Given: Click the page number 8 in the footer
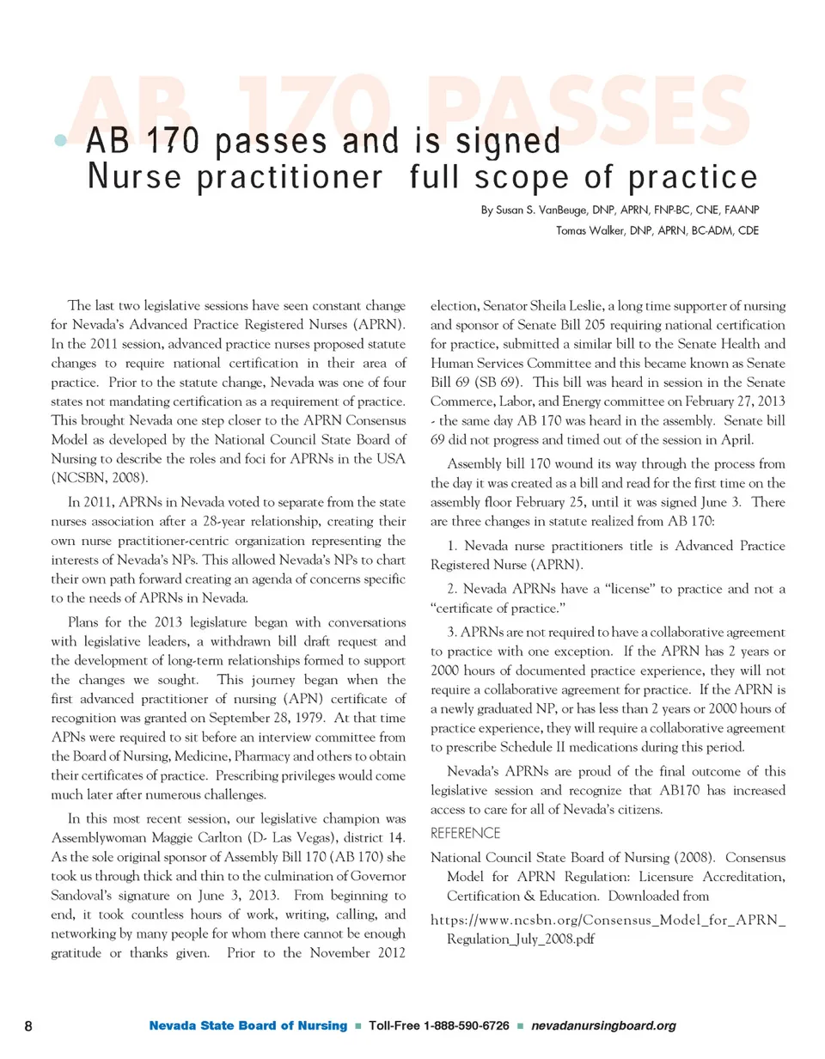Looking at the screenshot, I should click(28, 1026).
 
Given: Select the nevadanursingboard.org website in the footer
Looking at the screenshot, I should click(604, 1026).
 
